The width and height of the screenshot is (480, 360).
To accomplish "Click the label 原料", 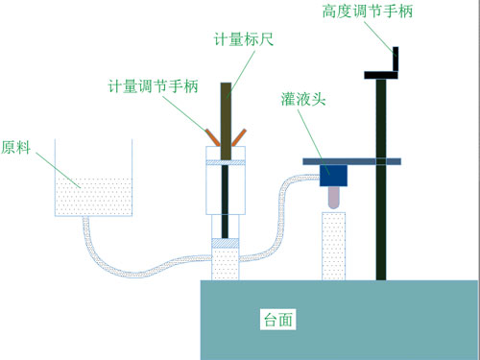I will [15, 148].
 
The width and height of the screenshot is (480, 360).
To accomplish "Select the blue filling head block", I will [334, 175].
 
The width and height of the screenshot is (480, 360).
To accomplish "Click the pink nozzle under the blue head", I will [334, 197].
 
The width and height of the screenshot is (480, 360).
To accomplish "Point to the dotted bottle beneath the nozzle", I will [333, 245].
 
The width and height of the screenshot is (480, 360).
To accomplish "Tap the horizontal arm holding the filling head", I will [351, 160].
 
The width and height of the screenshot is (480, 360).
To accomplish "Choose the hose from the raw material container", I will [134, 256].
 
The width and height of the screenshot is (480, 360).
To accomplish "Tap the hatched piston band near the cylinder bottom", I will [226, 244].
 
